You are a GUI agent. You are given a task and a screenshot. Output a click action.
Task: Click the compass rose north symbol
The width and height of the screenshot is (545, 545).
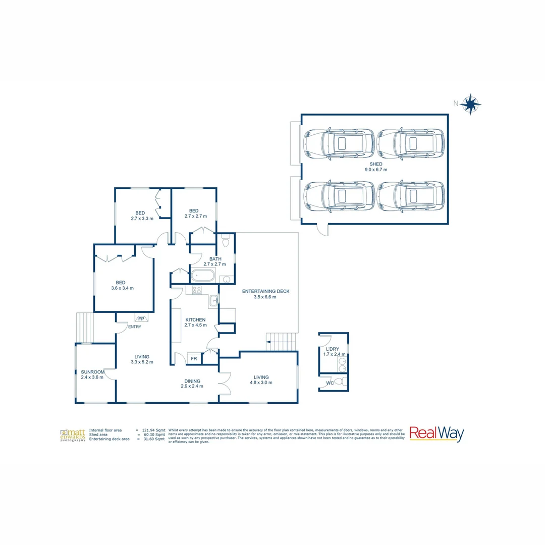click(470, 104)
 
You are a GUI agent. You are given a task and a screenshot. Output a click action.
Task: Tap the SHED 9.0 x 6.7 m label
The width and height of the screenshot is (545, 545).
click(375, 167)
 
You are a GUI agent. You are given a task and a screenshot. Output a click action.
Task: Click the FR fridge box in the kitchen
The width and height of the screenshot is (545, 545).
click(194, 358)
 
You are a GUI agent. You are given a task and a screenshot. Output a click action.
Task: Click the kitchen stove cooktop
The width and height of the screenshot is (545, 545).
click(197, 290)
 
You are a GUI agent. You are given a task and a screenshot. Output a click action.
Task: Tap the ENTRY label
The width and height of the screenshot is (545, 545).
click(135, 326)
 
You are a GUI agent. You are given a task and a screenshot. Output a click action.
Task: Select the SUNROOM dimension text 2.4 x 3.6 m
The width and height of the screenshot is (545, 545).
click(92, 377)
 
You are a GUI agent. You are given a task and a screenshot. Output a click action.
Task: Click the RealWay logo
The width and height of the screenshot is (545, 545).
click(436, 434)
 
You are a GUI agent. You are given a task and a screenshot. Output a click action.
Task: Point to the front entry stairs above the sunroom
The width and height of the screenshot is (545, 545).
click(85, 327)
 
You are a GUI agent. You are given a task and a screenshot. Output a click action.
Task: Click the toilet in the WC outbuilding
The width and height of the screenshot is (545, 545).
click(343, 381)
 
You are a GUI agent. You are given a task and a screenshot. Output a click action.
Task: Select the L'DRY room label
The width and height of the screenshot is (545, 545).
click(333, 349)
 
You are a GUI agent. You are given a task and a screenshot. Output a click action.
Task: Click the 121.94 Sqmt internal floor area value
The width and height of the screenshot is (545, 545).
click(153, 430)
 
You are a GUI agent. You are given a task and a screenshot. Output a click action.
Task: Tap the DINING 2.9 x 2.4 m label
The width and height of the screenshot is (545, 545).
click(192, 384)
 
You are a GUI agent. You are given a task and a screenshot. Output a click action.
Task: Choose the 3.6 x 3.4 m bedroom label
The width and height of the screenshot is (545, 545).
click(121, 286)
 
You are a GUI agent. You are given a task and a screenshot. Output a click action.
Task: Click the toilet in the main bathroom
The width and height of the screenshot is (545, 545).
click(226, 243)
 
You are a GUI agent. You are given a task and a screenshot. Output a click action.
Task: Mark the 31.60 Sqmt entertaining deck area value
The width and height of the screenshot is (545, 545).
click(153, 439)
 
